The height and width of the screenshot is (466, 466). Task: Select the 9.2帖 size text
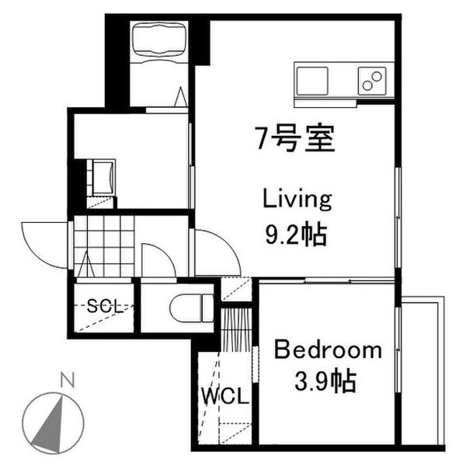[x=295, y=232]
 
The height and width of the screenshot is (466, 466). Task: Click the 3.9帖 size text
[x=326, y=381]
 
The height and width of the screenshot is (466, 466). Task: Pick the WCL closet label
[x=226, y=397]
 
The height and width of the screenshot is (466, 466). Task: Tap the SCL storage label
[x=106, y=306]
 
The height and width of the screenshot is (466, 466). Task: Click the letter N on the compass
[x=68, y=381]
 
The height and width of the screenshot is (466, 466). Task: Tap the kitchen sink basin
[x=313, y=79]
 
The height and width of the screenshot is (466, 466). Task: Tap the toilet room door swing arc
[x=159, y=260]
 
